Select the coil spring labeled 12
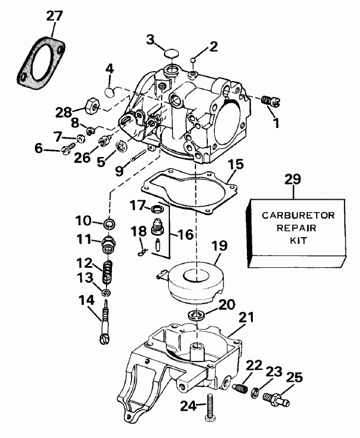click(108, 273)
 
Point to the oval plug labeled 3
click(172, 56)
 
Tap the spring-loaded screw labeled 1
click(270, 101)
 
